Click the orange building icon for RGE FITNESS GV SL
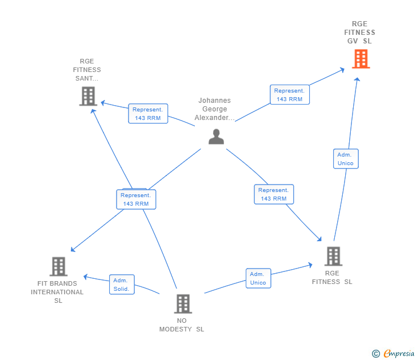point(361,59)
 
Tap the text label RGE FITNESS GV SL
point(360,33)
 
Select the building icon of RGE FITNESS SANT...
point(88,96)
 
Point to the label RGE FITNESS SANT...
point(87,70)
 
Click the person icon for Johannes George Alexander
point(216,137)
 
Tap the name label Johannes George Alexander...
point(214,109)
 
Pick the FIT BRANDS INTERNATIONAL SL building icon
point(58,266)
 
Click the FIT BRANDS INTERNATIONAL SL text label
point(57,292)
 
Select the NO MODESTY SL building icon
point(182,303)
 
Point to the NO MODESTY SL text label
point(182,325)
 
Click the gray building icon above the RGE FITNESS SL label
point(333,257)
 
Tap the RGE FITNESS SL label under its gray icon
point(332,277)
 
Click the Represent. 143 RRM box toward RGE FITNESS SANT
point(148,114)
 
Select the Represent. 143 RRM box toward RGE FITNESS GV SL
point(290,95)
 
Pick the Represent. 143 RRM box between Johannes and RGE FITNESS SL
point(274,194)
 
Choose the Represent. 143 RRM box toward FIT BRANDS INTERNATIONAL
point(136,199)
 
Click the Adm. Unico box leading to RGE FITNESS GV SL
point(346,159)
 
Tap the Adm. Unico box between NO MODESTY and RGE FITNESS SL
point(258,278)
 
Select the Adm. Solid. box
point(122,285)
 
